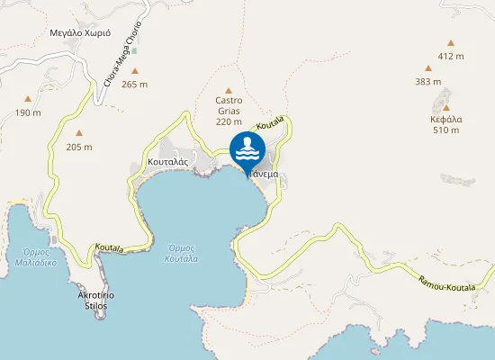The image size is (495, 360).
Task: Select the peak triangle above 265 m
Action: coord(135,70)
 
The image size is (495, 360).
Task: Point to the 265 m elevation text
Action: coord(135,85)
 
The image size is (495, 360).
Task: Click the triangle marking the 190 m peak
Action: coord(28,99)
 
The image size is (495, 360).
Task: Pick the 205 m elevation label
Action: coord(79,148)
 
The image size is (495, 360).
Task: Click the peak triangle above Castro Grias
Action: coord(229,90)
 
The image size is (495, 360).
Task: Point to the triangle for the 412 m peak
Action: coord(451,42)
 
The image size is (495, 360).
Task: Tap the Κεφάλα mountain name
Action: coord(446,118)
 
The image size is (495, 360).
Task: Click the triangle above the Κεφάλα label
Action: coord(446,106)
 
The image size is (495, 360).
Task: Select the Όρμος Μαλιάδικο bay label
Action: coord(36,257)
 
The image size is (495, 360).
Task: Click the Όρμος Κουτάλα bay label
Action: coord(181,253)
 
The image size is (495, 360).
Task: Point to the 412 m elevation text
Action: coord(451,57)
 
